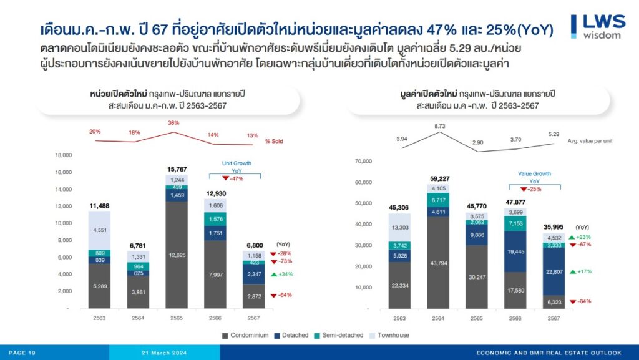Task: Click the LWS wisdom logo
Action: click(x=598, y=26)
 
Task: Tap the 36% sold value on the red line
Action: click(x=173, y=122)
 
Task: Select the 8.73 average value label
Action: click(x=439, y=126)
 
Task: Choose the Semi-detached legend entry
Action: click(x=339, y=335)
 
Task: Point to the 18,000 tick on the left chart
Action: click(x=64, y=155)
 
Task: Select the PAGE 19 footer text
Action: click(x=22, y=353)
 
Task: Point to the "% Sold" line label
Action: click(x=274, y=141)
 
